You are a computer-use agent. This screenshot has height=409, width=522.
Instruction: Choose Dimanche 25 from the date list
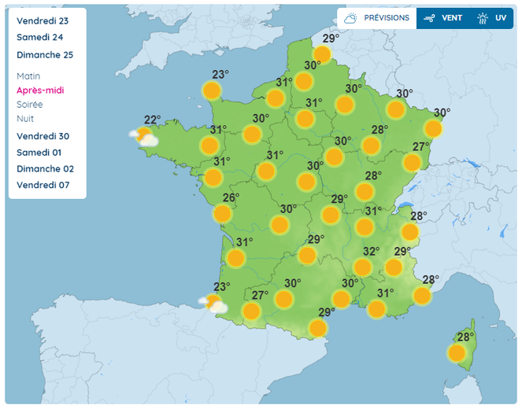45,54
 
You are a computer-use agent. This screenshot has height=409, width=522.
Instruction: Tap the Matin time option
28,76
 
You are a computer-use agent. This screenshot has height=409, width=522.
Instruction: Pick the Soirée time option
30,105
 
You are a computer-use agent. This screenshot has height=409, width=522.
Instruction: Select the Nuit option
25,119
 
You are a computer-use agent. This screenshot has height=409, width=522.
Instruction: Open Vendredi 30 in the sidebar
43,136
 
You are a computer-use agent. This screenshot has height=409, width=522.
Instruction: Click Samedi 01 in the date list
39,153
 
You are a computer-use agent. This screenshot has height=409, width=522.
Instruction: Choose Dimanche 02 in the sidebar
45,168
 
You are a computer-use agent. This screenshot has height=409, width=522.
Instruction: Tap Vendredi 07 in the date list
43,185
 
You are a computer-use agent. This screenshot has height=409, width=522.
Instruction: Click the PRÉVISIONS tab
377,17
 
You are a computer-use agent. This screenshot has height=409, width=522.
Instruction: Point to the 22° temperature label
152,120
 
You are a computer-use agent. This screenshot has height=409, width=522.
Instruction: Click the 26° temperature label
231,197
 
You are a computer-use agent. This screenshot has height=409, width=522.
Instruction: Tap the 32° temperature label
371,252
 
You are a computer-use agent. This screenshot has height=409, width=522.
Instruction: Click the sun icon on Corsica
457,353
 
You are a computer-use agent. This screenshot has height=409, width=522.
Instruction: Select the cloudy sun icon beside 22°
144,138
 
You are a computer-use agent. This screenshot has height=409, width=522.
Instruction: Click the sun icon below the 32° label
363,267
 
